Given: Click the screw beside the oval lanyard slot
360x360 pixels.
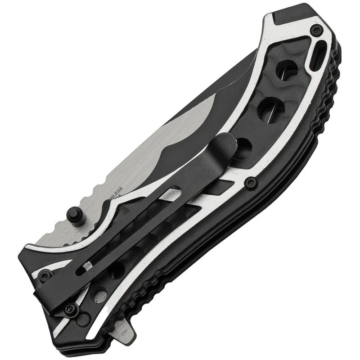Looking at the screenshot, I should pyautogui.click(x=316, y=31).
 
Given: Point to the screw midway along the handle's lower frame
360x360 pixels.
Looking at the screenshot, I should pyautogui.click(x=251, y=182).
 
